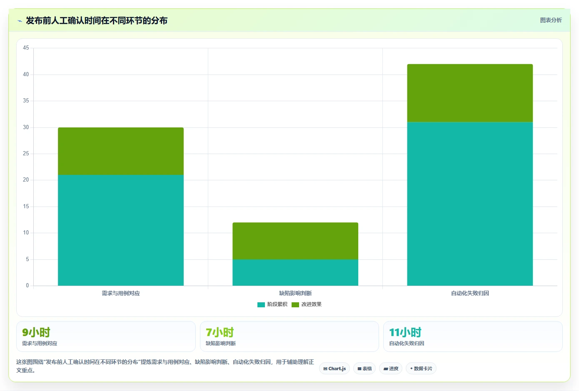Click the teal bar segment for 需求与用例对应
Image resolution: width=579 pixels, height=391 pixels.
[121, 230]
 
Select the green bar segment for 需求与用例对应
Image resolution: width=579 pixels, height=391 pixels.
[121, 151]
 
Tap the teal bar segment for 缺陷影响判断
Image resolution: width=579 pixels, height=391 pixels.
[295, 273]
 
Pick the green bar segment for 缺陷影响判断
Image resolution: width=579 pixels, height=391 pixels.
[295, 241]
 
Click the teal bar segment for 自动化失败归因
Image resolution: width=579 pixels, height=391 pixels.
[470, 204]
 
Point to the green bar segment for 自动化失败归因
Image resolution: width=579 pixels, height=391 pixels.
[470, 93]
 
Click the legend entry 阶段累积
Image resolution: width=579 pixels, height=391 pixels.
[272, 304]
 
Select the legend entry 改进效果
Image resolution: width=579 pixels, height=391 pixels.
[307, 304]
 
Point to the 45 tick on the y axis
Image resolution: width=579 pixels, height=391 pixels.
[26, 48]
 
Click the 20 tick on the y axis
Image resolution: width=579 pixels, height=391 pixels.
[26, 180]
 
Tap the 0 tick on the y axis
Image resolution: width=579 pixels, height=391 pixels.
[27, 286]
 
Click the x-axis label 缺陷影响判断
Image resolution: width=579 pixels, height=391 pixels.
[295, 293]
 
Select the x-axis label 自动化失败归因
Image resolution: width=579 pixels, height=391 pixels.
[470, 293]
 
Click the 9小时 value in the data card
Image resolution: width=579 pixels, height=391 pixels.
[36, 333]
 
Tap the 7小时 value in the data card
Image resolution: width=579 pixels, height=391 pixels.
[220, 333]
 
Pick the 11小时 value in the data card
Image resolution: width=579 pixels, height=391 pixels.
[405, 333]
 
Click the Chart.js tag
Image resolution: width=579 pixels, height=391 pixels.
[334, 369]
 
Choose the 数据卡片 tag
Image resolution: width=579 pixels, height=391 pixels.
[421, 369]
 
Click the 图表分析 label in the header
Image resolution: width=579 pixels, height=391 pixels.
[551, 20]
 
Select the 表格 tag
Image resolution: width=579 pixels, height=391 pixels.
[364, 369]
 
